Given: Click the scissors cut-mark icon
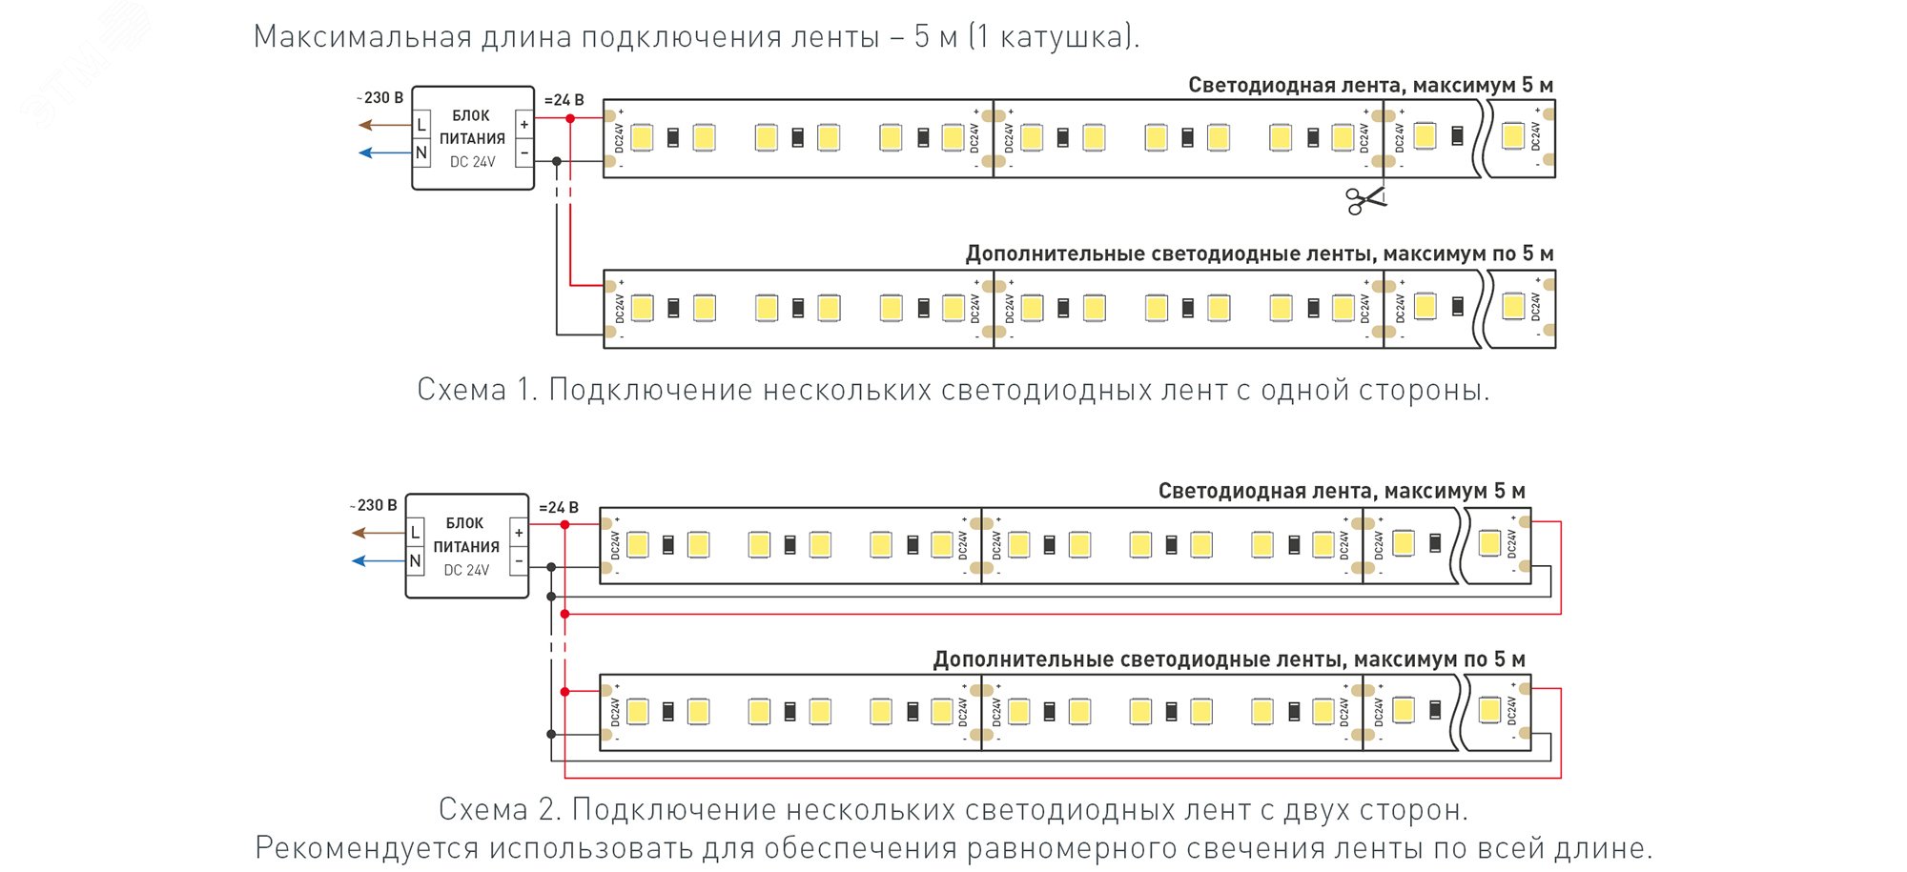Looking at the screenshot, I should (x=1364, y=199).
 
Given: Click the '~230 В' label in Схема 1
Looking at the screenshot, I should (x=380, y=97).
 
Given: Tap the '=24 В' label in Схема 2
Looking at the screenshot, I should (x=559, y=508).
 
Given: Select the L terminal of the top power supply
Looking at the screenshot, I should (x=421, y=125).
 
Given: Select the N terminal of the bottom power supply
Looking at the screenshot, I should (x=415, y=561).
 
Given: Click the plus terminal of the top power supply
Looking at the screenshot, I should (x=523, y=125).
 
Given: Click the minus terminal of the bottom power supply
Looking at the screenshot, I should (x=519, y=561).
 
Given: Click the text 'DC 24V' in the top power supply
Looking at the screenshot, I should (x=473, y=162).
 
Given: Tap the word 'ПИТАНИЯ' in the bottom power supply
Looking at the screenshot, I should (x=466, y=547).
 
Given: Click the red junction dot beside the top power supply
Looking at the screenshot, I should (x=570, y=118).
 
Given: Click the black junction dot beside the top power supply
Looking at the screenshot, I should (x=557, y=161).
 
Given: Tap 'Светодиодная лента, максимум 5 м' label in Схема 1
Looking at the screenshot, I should (x=1369, y=85).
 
